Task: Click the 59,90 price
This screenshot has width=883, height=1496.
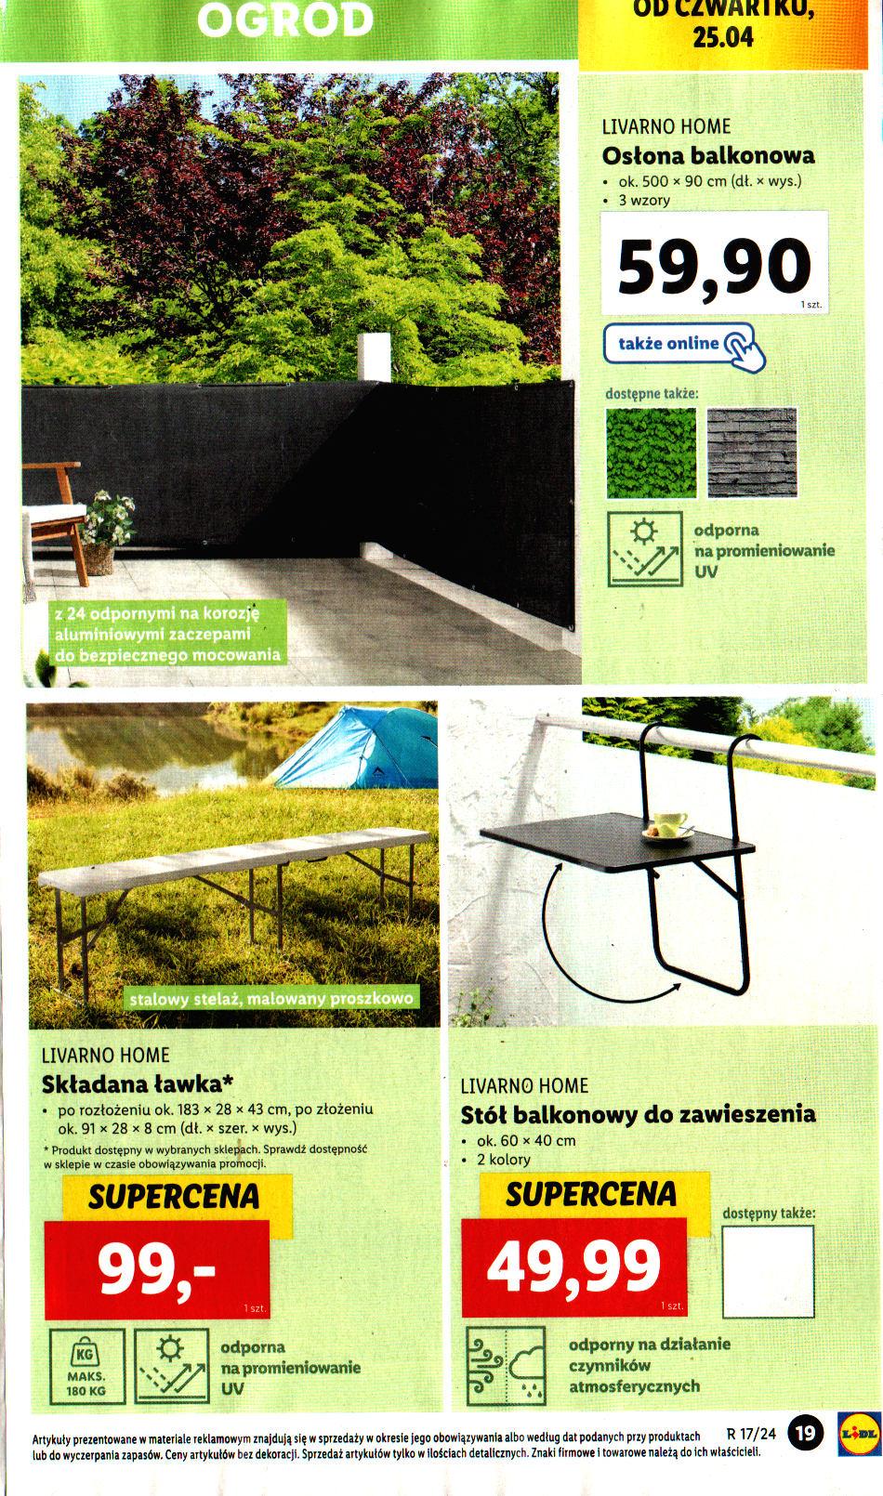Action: (713, 268)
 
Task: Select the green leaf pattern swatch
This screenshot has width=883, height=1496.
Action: (651, 453)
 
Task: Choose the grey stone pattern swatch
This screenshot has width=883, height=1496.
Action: (751, 453)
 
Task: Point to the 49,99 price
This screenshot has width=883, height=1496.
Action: (573, 1266)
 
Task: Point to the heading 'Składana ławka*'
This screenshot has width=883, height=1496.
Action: (137, 1083)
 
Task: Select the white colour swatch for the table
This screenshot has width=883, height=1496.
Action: (768, 1269)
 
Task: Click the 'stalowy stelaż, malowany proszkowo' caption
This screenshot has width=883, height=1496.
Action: (271, 999)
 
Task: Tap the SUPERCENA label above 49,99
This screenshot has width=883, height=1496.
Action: (590, 1194)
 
